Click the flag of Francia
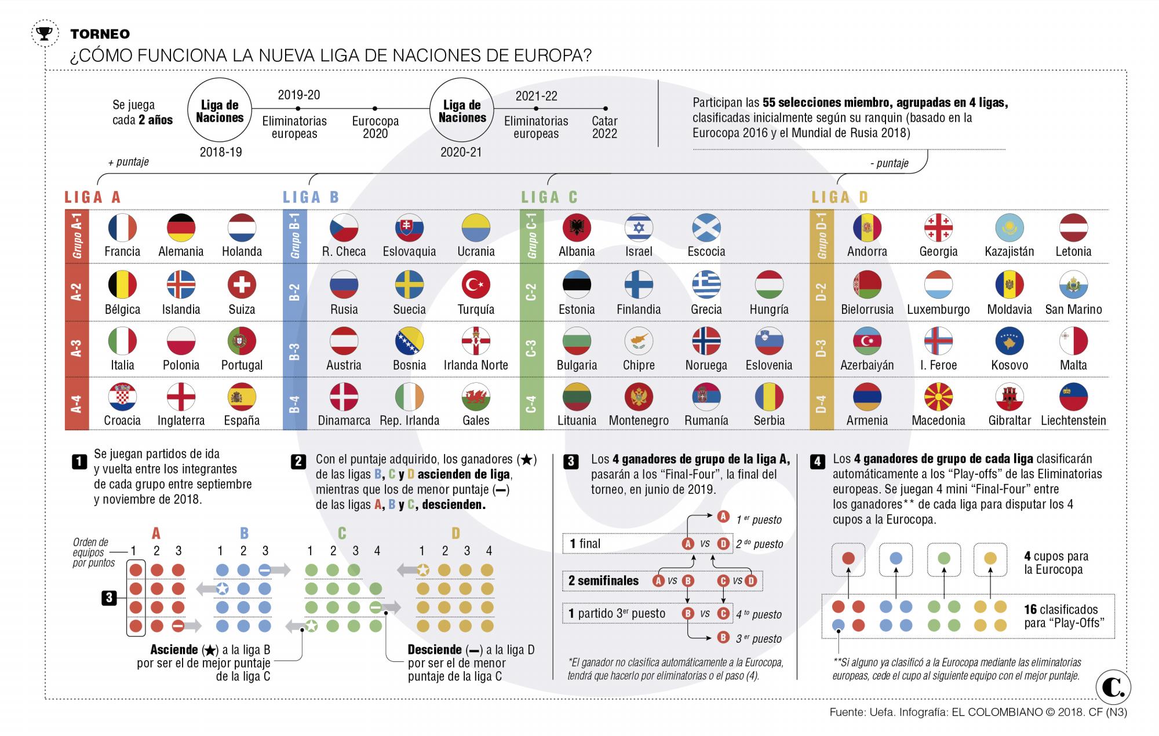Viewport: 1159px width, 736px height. (122, 228)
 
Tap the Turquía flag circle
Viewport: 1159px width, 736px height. (476, 285)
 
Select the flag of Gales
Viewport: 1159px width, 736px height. (476, 397)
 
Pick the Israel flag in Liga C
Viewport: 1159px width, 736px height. (639, 228)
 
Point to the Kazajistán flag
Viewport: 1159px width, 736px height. (1009, 228)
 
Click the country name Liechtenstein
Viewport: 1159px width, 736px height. (1073, 420)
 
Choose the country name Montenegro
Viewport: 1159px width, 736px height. (639, 420)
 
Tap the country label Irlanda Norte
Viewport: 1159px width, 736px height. (476, 365)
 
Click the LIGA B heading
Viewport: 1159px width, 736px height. (311, 197)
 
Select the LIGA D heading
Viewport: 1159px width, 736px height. (840, 197)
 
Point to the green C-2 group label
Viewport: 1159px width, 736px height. (531, 292)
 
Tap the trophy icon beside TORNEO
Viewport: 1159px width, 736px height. (44, 34)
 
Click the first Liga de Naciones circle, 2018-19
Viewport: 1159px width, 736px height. (220, 111)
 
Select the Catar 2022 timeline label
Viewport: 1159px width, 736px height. (604, 127)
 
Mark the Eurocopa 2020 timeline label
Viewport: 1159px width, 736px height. (375, 127)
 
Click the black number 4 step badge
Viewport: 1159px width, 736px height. (818, 462)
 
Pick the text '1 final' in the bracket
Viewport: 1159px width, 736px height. (585, 544)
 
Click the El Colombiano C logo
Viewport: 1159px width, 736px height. (1113, 688)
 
